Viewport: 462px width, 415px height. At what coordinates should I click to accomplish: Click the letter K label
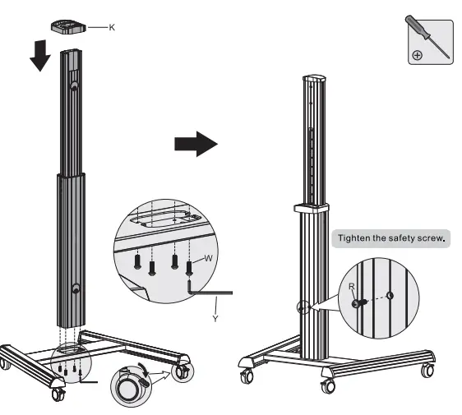(112, 27)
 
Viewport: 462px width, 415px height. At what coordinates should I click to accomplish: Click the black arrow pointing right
(196, 145)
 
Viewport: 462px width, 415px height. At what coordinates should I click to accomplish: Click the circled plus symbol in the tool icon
(418, 55)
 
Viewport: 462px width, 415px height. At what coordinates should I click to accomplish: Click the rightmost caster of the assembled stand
(427, 371)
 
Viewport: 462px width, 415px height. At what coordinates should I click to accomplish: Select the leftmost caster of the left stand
(7, 362)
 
